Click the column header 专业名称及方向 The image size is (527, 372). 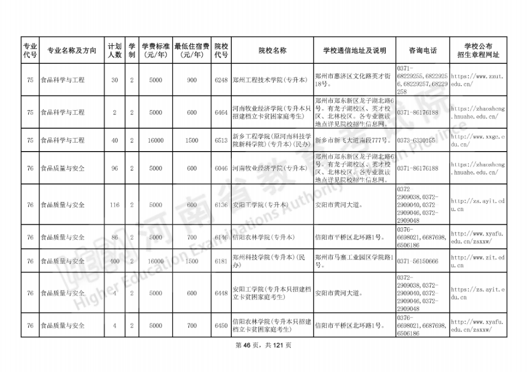(x=72, y=51)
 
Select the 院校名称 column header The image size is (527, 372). (x=272, y=51)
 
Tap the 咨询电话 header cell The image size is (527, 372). (x=423, y=51)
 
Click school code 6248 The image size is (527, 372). (x=221, y=80)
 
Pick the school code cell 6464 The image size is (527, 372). (x=221, y=113)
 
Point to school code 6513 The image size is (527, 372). (x=221, y=140)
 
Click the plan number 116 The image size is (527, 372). (x=115, y=205)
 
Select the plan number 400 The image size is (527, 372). (x=115, y=261)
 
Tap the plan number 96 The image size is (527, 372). (x=115, y=168)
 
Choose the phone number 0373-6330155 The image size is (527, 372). (x=416, y=140)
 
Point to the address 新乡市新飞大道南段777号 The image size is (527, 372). (x=353, y=140)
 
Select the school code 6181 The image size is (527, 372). (x=221, y=261)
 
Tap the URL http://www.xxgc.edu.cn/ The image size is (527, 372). (x=477, y=140)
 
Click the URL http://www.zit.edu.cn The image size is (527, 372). (x=477, y=261)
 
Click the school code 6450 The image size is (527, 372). (x=221, y=326)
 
